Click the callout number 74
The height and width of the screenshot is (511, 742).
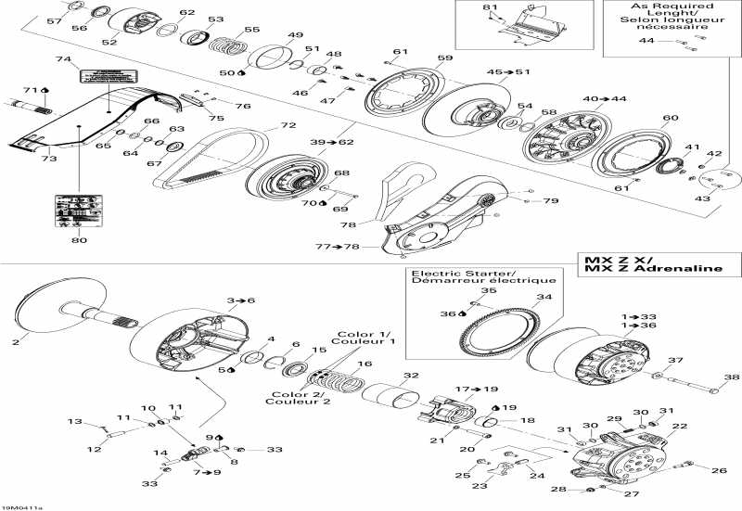point(63,59)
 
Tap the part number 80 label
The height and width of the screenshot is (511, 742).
point(79,241)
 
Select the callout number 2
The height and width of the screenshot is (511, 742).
point(15,343)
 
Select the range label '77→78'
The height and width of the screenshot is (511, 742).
point(335,247)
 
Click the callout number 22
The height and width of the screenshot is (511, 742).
point(680,426)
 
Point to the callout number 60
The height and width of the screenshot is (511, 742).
point(671,118)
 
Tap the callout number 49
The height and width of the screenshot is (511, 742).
point(295,36)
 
